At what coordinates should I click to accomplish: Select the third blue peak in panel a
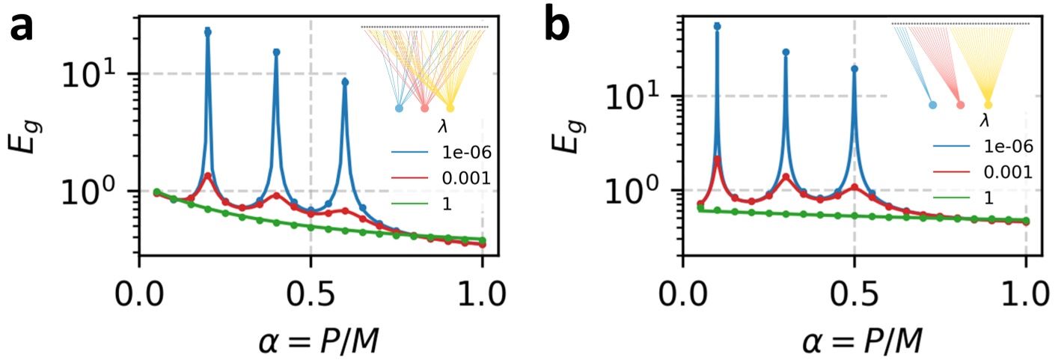pyautogui.click(x=345, y=82)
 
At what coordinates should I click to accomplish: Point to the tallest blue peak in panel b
pyautogui.click(x=718, y=26)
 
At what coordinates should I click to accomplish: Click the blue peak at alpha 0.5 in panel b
pyautogui.click(x=854, y=69)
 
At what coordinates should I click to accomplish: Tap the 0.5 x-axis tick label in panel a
pyautogui.click(x=311, y=287)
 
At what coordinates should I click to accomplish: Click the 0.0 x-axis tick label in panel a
pyautogui.click(x=139, y=287)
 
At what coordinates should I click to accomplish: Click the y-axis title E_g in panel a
pyautogui.click(x=25, y=135)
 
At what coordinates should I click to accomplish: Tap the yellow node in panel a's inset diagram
pyautogui.click(x=450, y=108)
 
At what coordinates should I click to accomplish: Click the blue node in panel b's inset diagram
pyautogui.click(x=932, y=105)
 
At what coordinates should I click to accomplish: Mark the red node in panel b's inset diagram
pyautogui.click(x=960, y=105)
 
